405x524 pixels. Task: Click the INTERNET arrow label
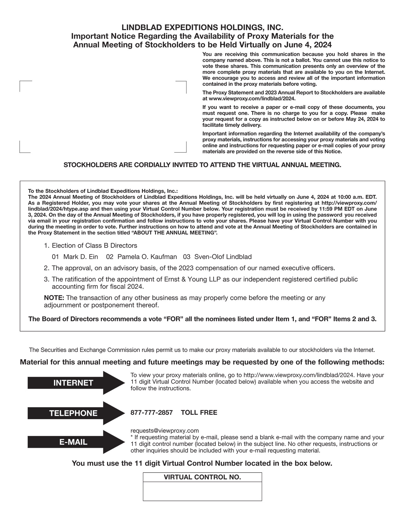click(73, 383)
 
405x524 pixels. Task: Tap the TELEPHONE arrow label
click(73, 413)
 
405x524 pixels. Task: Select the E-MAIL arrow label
click(73, 442)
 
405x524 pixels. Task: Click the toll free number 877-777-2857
click(152, 413)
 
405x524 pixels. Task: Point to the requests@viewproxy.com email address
click(165, 431)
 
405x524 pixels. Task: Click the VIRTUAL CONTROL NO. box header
click(202, 477)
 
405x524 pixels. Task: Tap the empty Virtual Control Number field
click(202, 491)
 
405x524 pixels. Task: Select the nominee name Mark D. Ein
click(81, 257)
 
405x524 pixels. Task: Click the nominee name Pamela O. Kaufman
click(147, 257)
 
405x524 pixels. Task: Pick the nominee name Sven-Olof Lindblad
click(223, 257)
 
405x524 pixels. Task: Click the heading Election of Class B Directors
click(94, 245)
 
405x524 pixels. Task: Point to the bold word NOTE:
click(54, 298)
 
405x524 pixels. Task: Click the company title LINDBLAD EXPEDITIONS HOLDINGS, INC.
click(202, 27)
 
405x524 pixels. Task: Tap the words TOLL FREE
click(199, 413)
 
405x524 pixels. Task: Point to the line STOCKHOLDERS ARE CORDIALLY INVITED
click(202, 165)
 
